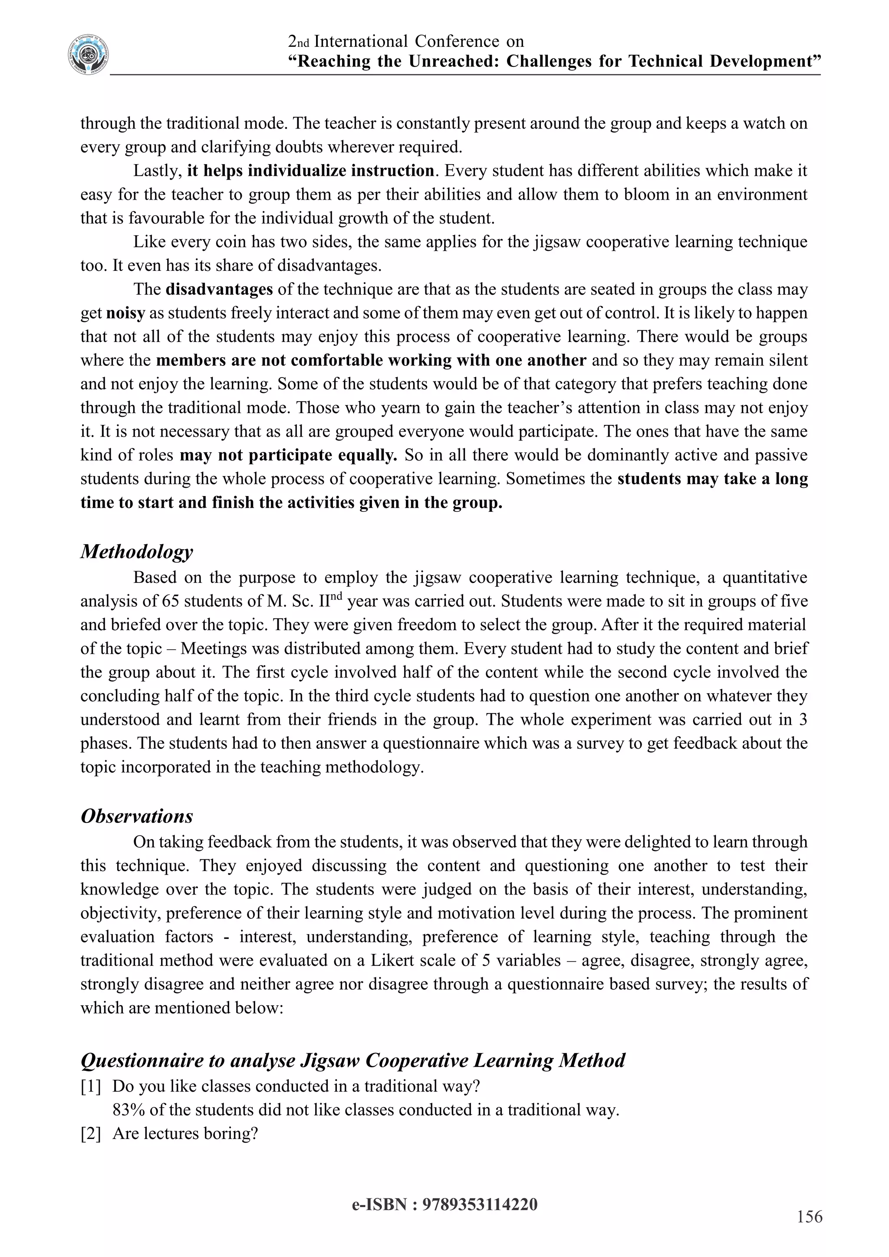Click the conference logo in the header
coord(88,55)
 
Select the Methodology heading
coord(136,552)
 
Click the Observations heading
coord(136,816)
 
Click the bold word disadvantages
coord(219,290)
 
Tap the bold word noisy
coord(125,313)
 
